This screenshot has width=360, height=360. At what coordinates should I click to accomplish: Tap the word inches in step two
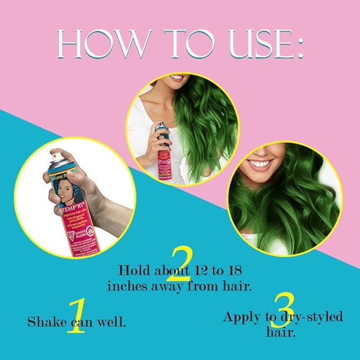tap(129, 285)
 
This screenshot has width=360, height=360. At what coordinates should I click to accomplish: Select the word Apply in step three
tap(243, 318)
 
